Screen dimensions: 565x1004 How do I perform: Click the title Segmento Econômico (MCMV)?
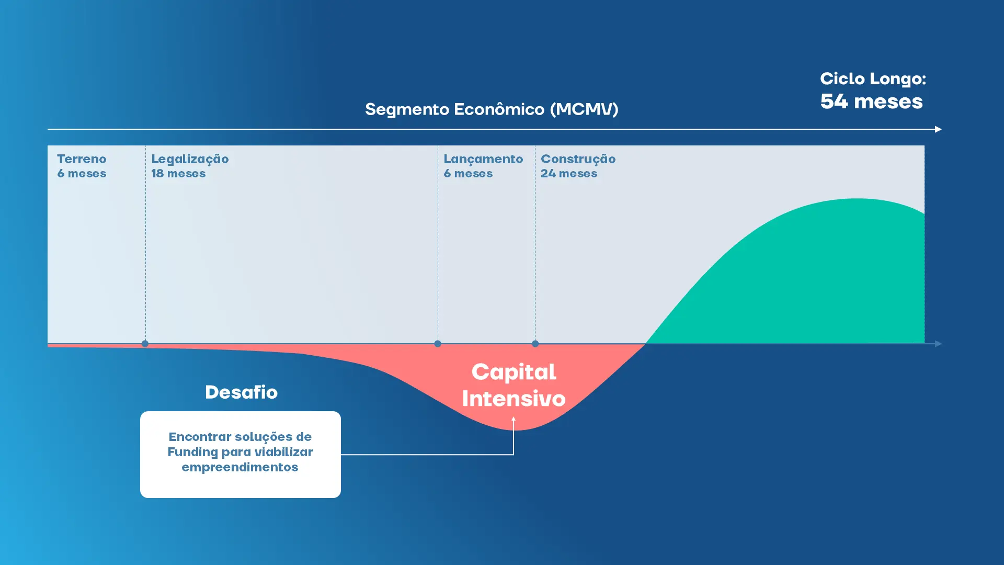(x=491, y=109)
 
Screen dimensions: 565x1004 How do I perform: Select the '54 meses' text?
(x=871, y=101)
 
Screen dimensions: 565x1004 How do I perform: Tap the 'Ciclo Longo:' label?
(x=872, y=79)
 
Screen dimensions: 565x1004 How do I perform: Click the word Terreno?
(x=82, y=159)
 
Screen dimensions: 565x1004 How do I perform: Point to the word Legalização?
(x=190, y=159)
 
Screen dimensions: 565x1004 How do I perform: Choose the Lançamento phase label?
(x=483, y=159)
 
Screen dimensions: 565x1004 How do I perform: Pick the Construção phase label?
(x=578, y=159)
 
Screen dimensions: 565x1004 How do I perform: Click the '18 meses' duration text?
(x=178, y=174)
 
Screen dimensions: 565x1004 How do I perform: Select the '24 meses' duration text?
(x=568, y=174)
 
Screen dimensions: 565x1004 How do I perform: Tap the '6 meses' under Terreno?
(x=82, y=174)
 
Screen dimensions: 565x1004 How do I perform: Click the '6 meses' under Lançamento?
(x=468, y=174)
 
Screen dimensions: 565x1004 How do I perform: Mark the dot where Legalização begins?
(x=145, y=344)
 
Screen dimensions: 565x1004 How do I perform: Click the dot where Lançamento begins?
(x=438, y=344)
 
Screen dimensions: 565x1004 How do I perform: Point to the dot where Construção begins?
(x=535, y=344)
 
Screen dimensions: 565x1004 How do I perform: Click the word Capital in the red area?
(x=514, y=372)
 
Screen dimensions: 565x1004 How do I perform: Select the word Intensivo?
(x=514, y=399)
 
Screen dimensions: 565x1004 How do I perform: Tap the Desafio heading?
(x=241, y=392)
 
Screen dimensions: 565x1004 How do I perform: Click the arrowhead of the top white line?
(x=938, y=129)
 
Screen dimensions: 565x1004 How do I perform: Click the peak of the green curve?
(x=855, y=199)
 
